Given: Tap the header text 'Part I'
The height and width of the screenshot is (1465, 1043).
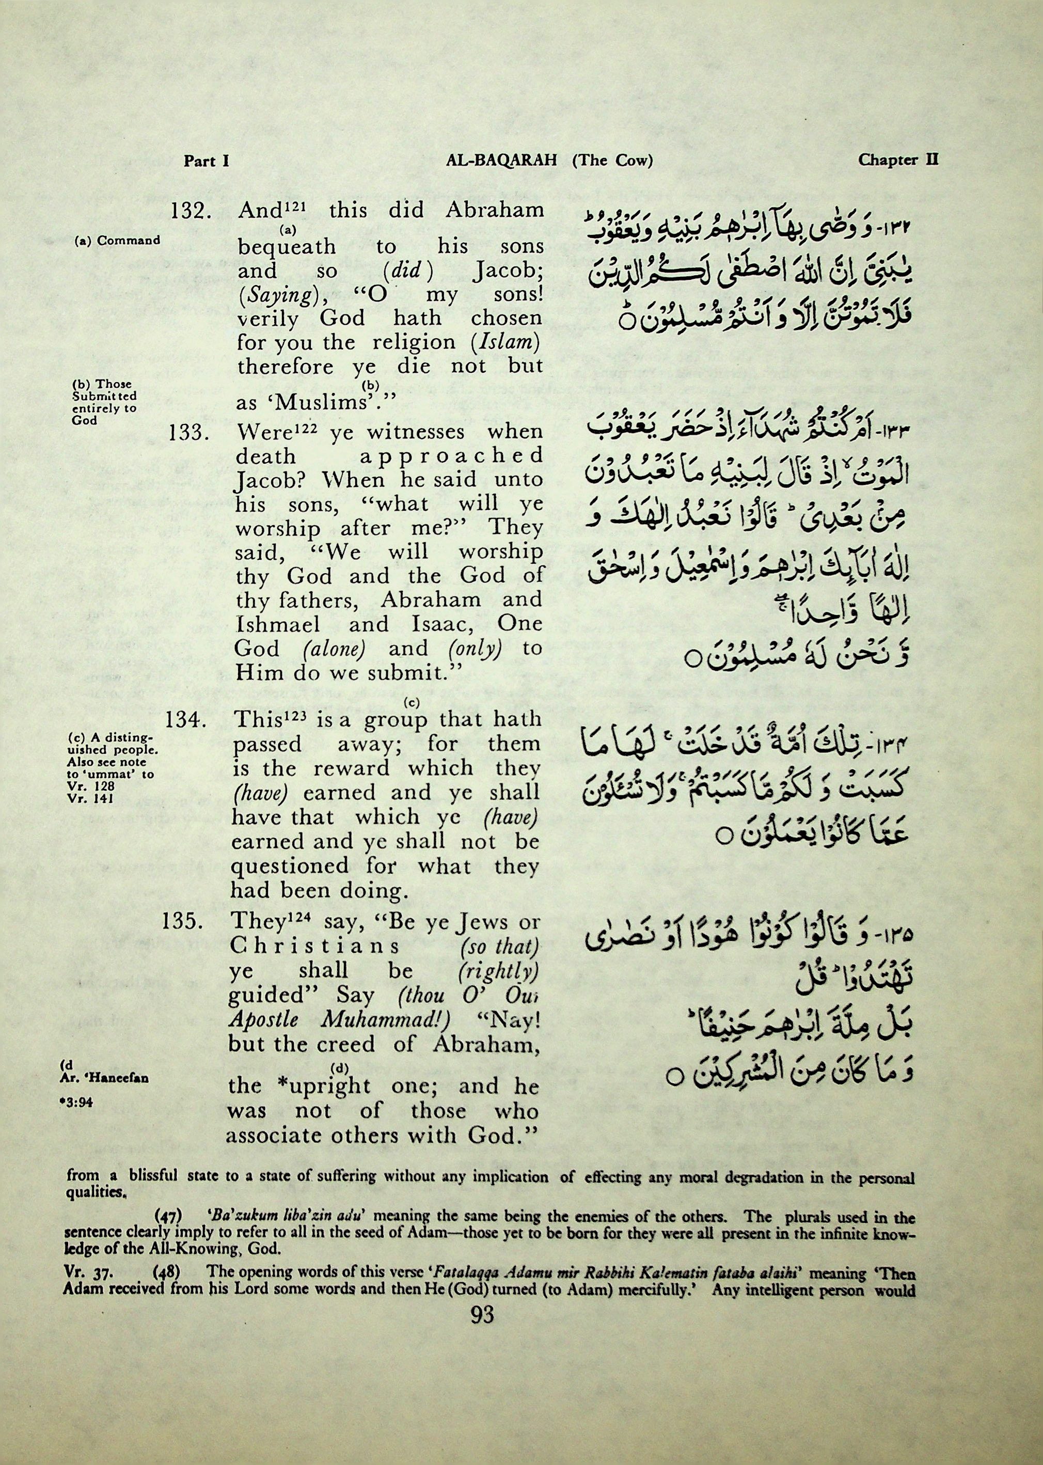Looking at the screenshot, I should point(207,161).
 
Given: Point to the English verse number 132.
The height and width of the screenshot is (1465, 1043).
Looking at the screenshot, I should point(187,212).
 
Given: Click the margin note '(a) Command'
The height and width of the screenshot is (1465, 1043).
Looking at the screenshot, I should point(117,241).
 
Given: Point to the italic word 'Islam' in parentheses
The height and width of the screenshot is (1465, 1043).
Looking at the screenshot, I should point(503,343).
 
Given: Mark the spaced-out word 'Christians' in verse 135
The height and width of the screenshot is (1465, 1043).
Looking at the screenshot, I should point(314,947).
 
